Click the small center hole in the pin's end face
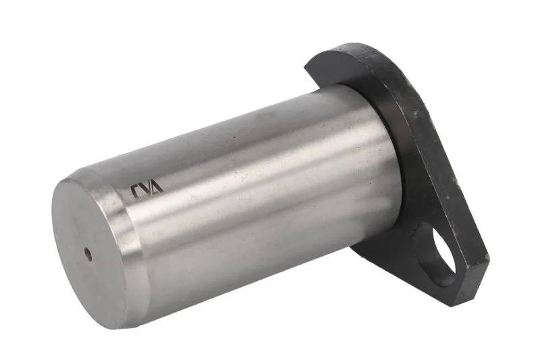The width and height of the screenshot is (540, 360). tap(88, 255)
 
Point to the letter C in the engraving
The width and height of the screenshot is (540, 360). tap(136, 192)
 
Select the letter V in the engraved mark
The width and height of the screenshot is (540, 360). tap(146, 190)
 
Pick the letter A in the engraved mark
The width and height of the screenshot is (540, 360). tap(157, 186)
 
